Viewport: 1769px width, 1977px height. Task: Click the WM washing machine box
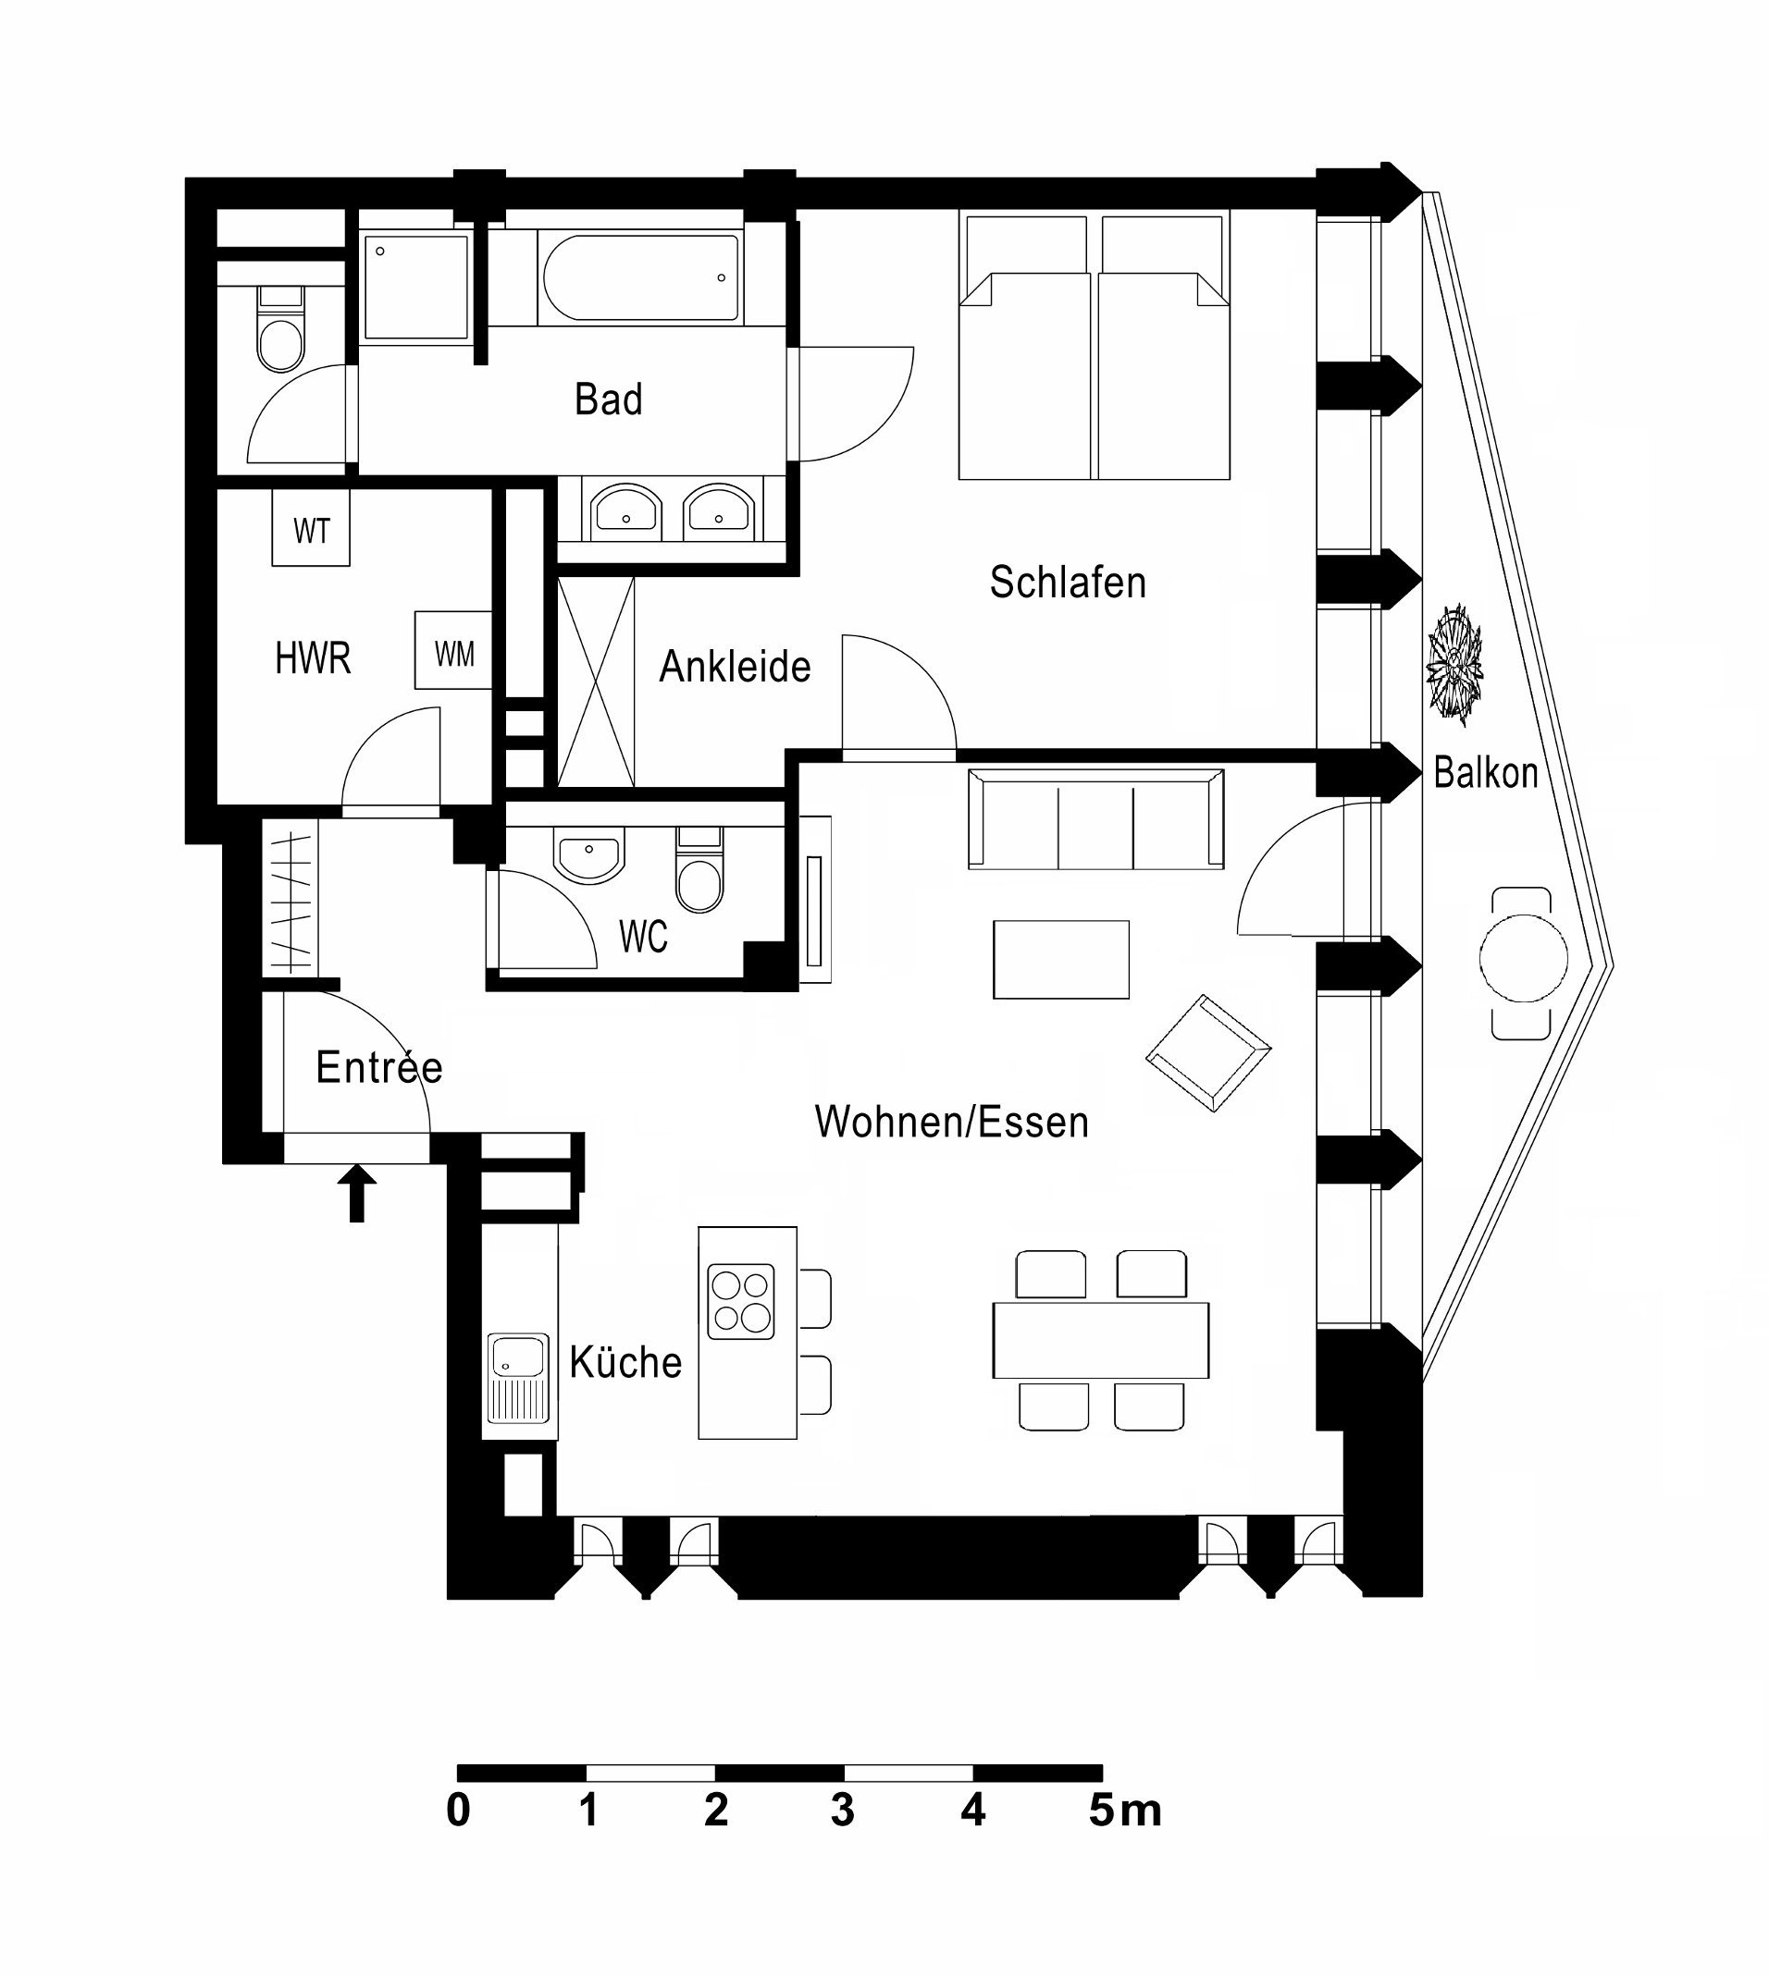(453, 650)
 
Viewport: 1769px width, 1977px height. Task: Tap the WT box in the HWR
(311, 527)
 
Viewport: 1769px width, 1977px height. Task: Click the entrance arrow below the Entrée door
(357, 1193)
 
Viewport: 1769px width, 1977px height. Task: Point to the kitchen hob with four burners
(741, 1302)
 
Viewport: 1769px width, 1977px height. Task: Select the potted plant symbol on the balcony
(1454, 665)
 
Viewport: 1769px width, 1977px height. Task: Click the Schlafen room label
(1068, 582)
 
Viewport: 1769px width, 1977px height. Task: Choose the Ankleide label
(735, 667)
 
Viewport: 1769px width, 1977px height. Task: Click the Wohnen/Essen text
(951, 1122)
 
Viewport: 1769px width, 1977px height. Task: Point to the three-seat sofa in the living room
(1095, 818)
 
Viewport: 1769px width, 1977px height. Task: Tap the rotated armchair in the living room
(1208, 1053)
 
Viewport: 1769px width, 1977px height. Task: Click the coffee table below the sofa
(1060, 959)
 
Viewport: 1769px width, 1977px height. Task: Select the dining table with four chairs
(1100, 1341)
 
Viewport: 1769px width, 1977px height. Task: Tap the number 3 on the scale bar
(843, 1810)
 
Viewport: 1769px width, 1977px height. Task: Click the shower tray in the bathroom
(416, 288)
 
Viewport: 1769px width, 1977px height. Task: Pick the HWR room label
(312, 658)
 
